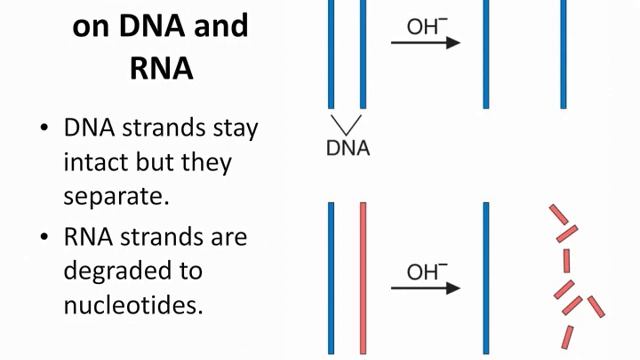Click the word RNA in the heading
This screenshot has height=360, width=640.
(x=160, y=68)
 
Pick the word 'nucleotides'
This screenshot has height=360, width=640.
(x=133, y=304)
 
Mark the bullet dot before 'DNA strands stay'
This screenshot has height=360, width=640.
(x=44, y=129)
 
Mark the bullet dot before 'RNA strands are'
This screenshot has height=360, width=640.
(x=44, y=238)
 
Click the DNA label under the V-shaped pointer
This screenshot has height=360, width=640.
(x=348, y=148)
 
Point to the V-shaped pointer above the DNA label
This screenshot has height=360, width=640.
(x=347, y=124)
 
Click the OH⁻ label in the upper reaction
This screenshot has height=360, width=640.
(x=424, y=26)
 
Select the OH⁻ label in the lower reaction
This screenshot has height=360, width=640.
(x=424, y=271)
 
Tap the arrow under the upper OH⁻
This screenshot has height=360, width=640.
(x=425, y=43)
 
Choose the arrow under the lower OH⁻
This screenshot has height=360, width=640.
(x=425, y=289)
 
